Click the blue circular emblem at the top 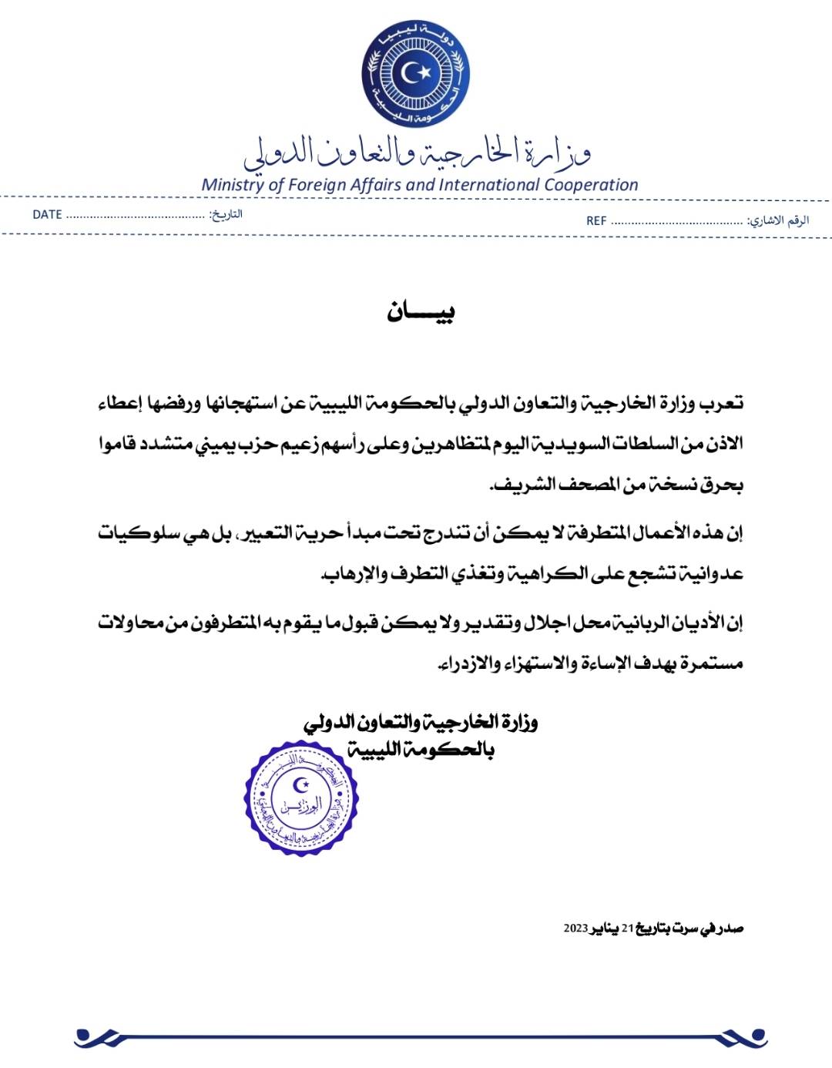point(416,74)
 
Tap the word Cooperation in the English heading point(591,185)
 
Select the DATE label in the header point(47,214)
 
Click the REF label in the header point(596,220)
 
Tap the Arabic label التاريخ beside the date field point(226,214)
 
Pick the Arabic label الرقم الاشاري point(779,220)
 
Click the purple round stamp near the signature point(302,798)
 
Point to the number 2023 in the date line point(575,928)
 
